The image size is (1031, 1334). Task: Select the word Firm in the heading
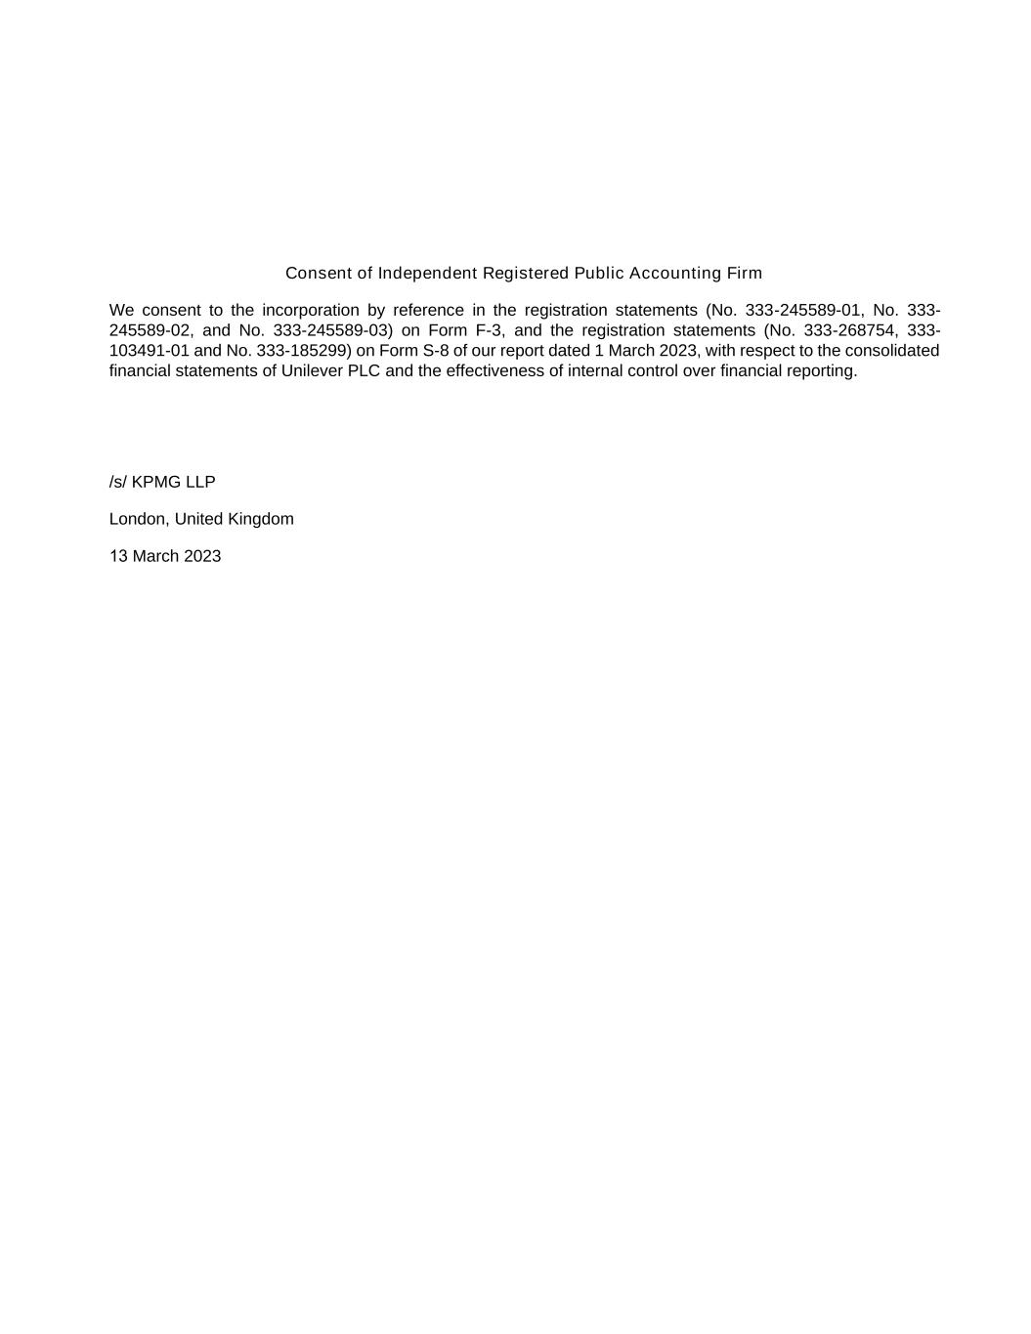coord(744,273)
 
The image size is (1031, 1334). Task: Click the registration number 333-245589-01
coord(804,311)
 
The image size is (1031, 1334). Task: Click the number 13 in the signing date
coord(118,556)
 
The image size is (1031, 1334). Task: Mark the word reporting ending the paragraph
coord(822,371)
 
